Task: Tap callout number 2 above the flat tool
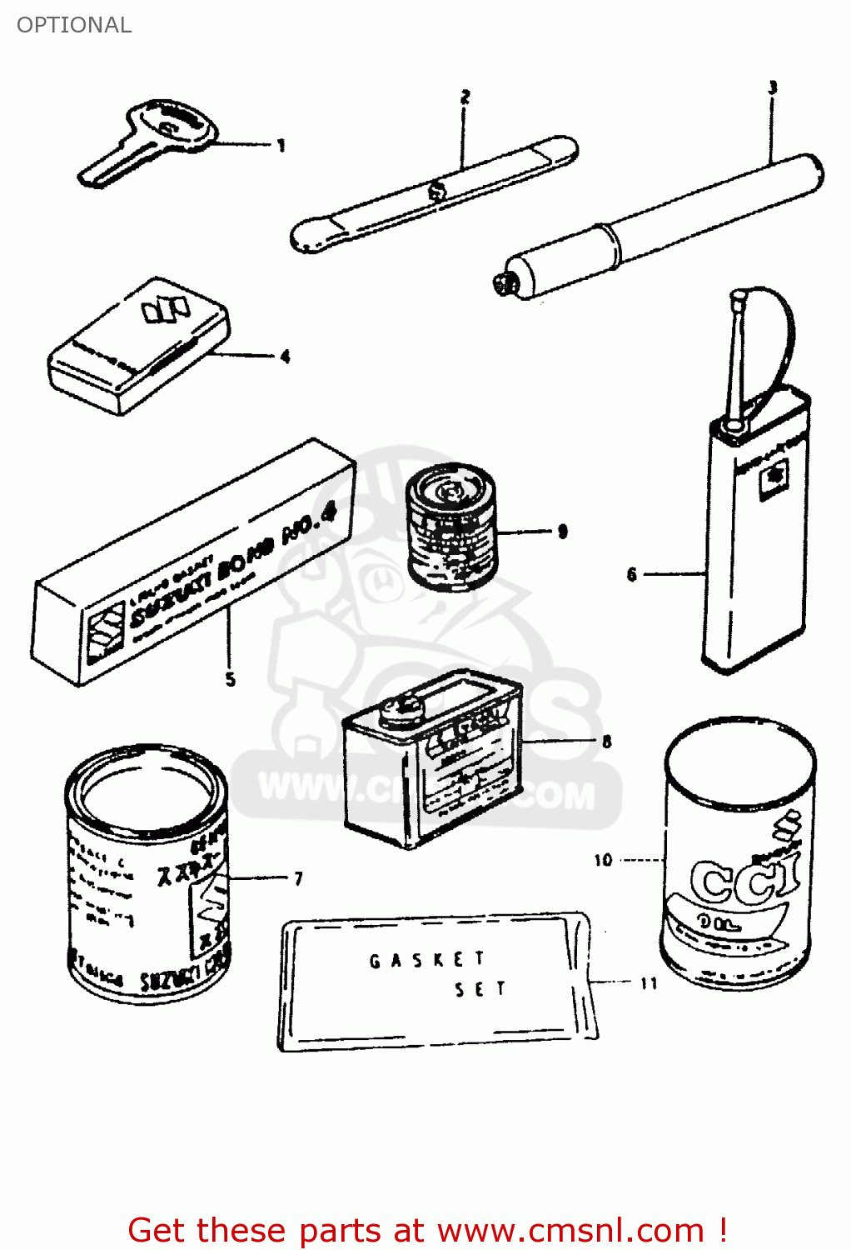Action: click(465, 97)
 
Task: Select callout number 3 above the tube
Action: click(772, 87)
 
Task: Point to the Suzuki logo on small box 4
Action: click(165, 309)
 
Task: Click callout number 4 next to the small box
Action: click(285, 357)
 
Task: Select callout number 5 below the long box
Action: click(231, 679)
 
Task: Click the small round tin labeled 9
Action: click(450, 525)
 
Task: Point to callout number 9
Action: click(563, 531)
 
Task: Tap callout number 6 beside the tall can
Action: click(632, 574)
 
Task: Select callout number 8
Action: click(607, 741)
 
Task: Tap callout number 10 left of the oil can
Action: click(603, 860)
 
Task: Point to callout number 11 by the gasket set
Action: click(649, 983)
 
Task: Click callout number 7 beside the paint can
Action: click(298, 878)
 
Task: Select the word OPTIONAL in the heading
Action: click(74, 25)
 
